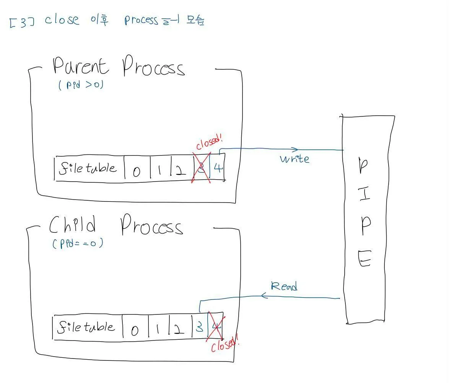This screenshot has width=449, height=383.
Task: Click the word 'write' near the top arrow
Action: [x=294, y=159]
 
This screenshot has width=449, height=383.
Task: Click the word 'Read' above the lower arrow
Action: [x=284, y=286]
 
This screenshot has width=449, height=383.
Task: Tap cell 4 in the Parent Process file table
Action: [x=218, y=168]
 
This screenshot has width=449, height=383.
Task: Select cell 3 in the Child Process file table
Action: [x=199, y=327]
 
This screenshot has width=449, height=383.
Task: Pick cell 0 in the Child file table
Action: [x=135, y=330]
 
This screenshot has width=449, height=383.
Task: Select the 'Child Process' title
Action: [x=116, y=225]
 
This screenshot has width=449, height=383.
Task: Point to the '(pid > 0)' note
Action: [x=81, y=84]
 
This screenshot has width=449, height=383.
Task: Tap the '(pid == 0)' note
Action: [x=78, y=243]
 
